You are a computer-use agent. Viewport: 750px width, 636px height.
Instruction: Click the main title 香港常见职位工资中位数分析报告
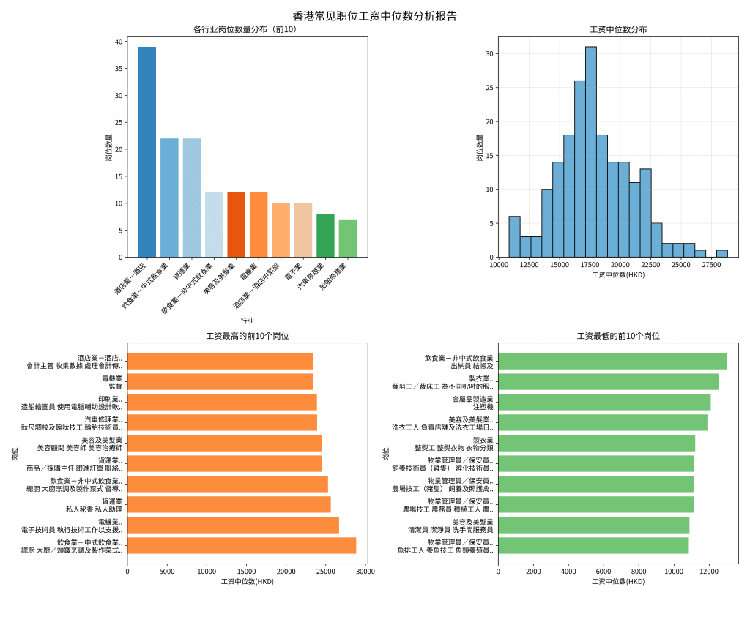point(374,16)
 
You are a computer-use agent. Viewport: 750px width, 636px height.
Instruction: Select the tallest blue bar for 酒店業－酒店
point(147,151)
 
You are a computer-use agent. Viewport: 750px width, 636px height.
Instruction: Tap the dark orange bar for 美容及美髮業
point(236,225)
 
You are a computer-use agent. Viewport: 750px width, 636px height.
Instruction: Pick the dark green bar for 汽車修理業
point(325,235)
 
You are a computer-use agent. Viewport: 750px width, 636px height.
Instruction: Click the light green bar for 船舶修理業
point(348,238)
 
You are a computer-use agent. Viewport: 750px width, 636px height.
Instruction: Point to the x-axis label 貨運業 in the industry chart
point(183,270)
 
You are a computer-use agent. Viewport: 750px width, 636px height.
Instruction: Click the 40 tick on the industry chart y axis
point(119,42)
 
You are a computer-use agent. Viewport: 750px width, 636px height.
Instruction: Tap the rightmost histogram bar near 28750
point(721,253)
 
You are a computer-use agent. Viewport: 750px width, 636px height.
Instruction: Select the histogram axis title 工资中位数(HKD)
point(618,274)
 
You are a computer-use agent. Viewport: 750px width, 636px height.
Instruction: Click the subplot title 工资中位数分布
point(618,30)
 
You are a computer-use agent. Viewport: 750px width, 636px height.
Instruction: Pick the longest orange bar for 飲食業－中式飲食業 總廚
point(242,545)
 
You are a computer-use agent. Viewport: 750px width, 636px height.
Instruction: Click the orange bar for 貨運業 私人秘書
point(229,504)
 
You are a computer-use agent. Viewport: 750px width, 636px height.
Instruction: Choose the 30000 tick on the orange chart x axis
point(365,571)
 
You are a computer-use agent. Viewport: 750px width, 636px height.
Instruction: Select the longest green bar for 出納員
point(612,361)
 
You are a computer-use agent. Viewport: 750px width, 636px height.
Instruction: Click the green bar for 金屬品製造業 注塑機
point(604,402)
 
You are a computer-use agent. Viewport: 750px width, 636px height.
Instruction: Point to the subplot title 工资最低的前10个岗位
point(618,336)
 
